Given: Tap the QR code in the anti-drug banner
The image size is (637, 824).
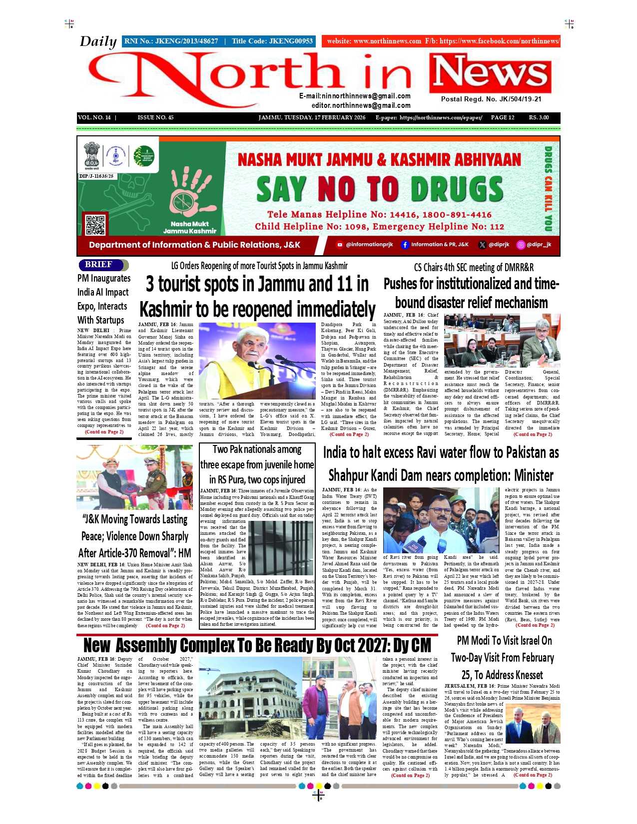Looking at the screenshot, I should point(95,224).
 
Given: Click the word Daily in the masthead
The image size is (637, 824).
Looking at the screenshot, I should point(98,41).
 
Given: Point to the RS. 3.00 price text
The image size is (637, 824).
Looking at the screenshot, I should point(539,118).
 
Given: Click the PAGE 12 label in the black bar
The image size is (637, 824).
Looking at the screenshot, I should point(502,118).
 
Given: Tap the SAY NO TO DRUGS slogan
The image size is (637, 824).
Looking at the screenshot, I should point(379,189).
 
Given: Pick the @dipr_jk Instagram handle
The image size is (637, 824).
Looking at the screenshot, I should point(534,245).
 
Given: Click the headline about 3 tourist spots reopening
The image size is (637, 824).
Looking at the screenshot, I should point(257,297).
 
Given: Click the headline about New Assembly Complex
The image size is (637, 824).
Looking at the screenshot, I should point(257,645).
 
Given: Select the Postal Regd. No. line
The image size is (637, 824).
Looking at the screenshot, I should point(491,99).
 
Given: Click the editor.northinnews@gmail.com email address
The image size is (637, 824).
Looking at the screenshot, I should point(361,106).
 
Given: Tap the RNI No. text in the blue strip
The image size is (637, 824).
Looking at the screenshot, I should point(171,41).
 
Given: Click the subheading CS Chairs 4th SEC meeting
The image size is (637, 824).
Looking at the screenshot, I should point(473,268).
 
